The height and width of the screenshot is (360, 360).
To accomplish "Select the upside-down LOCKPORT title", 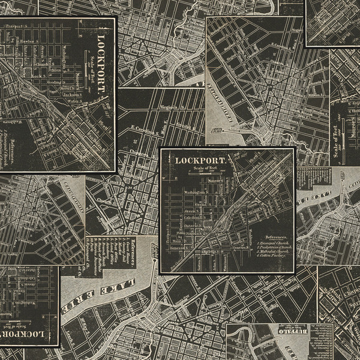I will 27,334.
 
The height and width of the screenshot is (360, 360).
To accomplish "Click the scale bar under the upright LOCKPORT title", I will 200,177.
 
